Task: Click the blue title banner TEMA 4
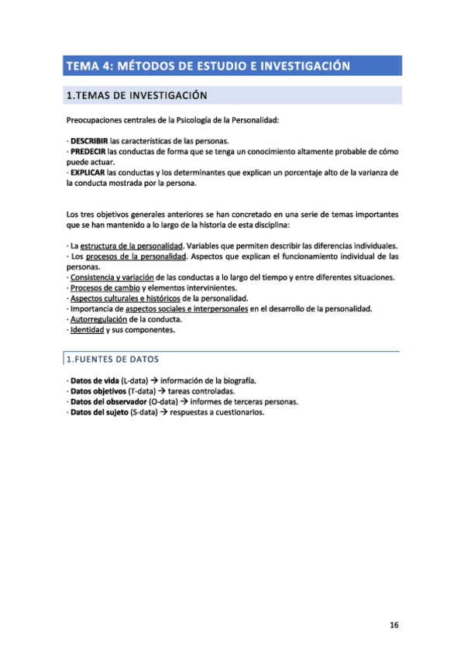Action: [208, 66]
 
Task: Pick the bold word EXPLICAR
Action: [87, 174]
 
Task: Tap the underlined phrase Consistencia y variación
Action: [112, 277]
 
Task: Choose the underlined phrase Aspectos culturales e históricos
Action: [125, 298]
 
